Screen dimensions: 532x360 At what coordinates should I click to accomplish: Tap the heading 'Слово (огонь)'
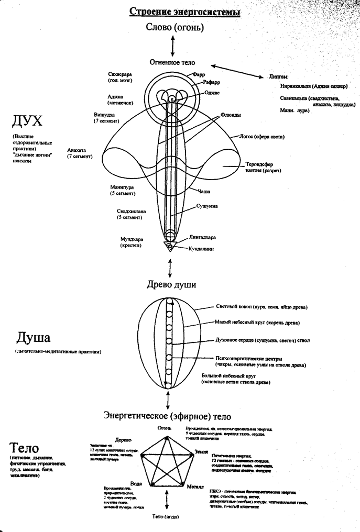tap(172, 29)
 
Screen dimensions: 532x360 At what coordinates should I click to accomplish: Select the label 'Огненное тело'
tap(172, 62)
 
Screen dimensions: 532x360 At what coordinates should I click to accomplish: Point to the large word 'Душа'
tap(35, 336)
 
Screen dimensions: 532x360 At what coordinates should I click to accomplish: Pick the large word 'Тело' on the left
tap(24, 448)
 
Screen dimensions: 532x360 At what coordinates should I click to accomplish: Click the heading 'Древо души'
tap(171, 285)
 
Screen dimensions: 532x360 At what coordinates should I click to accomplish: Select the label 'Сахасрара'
tap(119, 74)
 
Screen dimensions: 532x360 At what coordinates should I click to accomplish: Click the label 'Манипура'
tap(123, 186)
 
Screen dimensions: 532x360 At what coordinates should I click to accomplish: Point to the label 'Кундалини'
tap(201, 249)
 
